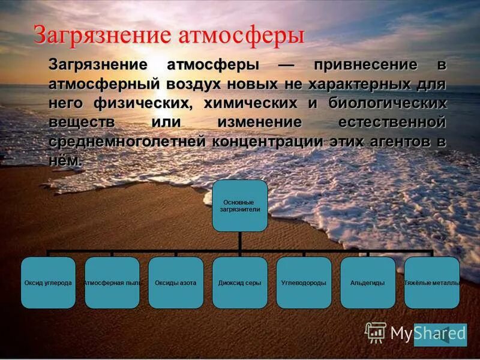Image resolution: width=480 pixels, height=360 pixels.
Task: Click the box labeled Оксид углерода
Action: (48, 283)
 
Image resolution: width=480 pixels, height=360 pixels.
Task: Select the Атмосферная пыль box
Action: (112, 283)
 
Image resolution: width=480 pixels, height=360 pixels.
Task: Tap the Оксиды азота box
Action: (176, 283)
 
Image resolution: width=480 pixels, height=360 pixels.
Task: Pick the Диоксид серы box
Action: (240, 283)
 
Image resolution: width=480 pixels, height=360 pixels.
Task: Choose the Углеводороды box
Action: (304, 283)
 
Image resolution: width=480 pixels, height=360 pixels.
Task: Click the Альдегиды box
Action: (367, 283)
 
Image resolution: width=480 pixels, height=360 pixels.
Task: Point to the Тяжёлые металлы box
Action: (432, 283)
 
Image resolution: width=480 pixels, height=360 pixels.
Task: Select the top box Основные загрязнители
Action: (240, 206)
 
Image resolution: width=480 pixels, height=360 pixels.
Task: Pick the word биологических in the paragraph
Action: (387, 103)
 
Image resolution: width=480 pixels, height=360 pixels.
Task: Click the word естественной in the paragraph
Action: (391, 122)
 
